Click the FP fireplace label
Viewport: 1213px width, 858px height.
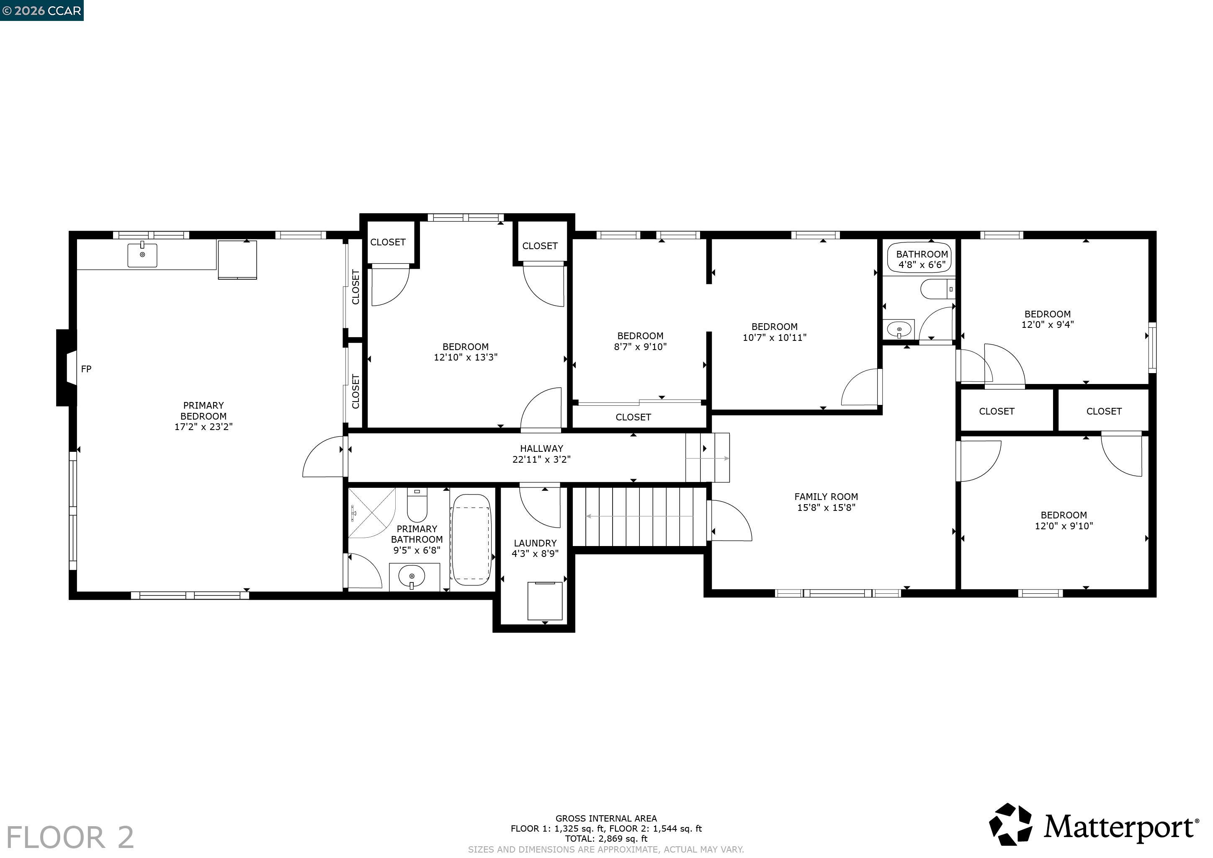(x=86, y=369)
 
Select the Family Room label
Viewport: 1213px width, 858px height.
(x=826, y=497)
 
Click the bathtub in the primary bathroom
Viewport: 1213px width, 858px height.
(x=471, y=539)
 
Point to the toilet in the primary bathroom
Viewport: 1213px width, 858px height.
(x=417, y=505)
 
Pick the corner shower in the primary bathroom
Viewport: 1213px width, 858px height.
(x=371, y=513)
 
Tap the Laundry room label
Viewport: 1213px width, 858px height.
(x=535, y=543)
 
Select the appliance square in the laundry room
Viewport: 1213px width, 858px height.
(x=545, y=601)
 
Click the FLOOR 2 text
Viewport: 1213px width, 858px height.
(x=70, y=837)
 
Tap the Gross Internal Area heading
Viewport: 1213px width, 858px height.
(x=606, y=818)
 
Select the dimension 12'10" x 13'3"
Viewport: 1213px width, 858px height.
(x=466, y=357)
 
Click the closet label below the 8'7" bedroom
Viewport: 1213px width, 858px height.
(x=633, y=417)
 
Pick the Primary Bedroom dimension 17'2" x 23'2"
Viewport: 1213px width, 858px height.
(x=203, y=427)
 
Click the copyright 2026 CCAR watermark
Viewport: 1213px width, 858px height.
(x=42, y=10)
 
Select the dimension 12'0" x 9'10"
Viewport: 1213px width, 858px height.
(x=1064, y=526)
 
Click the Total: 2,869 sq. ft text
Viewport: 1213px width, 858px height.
(x=606, y=838)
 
